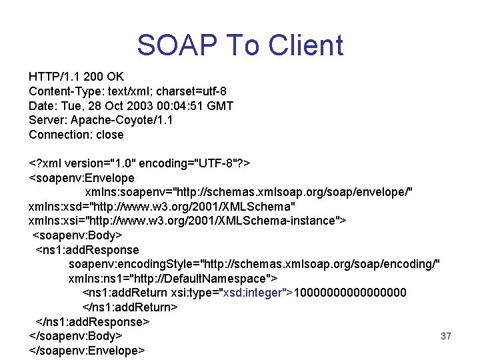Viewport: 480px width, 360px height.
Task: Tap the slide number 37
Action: point(446,336)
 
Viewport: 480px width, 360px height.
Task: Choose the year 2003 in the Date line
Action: point(131,105)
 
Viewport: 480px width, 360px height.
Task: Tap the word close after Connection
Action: point(110,135)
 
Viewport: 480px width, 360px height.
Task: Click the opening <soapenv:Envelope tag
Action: point(81,178)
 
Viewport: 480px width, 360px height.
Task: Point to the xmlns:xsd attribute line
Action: point(163,207)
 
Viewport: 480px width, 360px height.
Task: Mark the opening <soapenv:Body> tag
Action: point(77,235)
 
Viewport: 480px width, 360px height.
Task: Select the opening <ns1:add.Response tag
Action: point(87,250)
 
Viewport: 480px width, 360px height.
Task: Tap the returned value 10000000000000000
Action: point(350,293)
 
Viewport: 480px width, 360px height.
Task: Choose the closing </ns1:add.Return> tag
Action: point(130,307)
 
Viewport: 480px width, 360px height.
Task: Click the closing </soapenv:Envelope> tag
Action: point(87,350)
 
